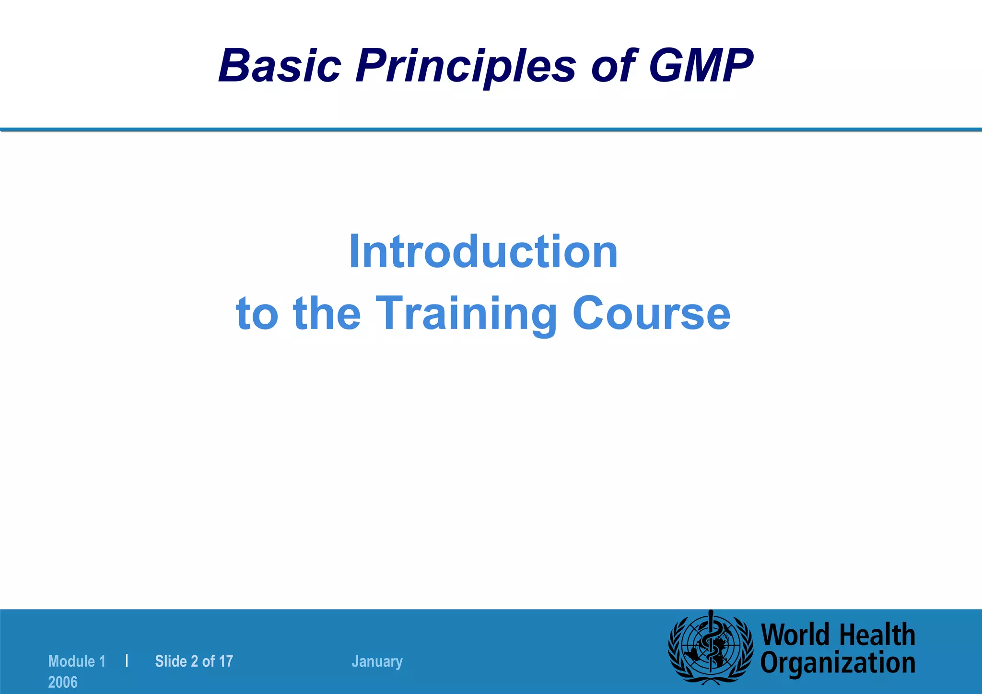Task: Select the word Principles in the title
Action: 465,66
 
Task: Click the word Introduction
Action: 483,252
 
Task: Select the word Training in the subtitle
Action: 466,314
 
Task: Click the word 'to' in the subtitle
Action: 257,314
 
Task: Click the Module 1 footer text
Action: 77,661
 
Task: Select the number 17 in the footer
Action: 225,661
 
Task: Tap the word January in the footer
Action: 377,661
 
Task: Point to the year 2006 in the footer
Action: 63,682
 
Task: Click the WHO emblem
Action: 711,647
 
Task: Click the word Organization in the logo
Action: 838,663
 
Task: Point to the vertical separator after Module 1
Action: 127,660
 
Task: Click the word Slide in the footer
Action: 171,661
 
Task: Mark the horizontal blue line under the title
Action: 491,129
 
